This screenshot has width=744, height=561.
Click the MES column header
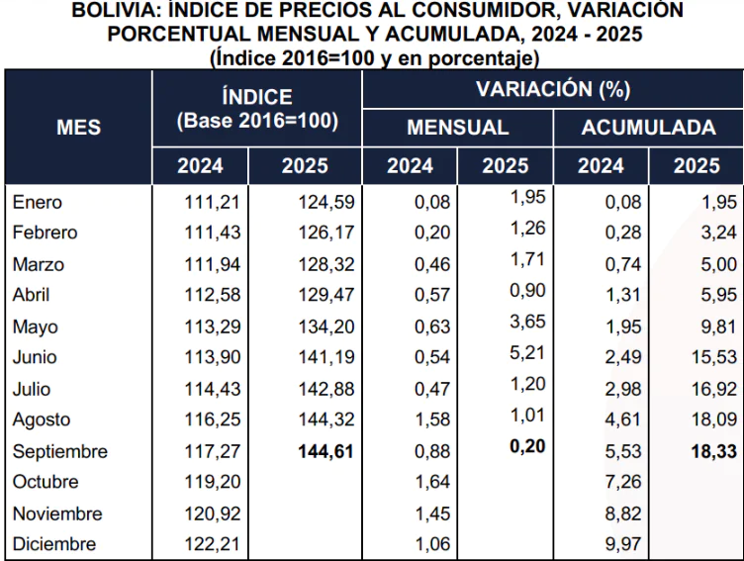coord(79,128)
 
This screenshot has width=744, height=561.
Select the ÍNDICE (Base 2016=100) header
coord(257,109)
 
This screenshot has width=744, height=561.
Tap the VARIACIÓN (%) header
coord(553,89)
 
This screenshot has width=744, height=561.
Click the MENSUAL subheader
coord(457,128)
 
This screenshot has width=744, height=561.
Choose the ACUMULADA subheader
coord(649,128)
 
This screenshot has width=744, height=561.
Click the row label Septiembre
coord(60,451)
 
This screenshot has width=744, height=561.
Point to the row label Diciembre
coord(54,544)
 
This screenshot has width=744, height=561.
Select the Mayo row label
coord(35,327)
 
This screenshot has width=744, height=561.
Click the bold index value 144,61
coord(325,451)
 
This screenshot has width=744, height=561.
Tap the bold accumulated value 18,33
coord(714,451)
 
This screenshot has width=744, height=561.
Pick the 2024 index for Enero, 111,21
coord(212,202)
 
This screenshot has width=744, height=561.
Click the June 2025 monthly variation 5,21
coord(527,352)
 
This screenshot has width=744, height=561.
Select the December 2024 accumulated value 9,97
coord(623,544)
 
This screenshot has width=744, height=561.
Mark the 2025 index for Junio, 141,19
coord(325,357)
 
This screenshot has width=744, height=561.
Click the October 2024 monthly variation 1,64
coord(432,482)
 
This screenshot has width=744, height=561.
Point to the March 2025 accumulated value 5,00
coord(719,264)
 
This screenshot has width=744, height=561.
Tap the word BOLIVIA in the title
coord(115,10)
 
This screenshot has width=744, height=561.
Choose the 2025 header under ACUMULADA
coord(697,166)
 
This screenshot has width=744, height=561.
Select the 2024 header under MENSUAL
coord(410,166)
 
